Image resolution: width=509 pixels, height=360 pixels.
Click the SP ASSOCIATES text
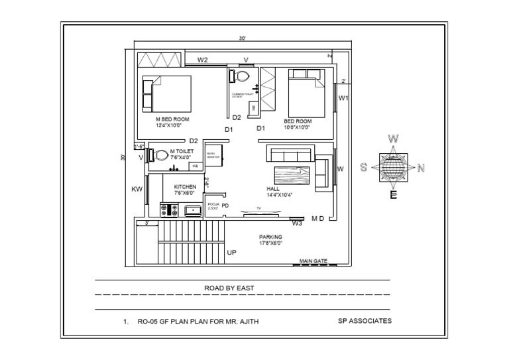pyautogui.click(x=365, y=321)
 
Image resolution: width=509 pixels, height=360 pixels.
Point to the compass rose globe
pyautogui.click(x=393, y=167)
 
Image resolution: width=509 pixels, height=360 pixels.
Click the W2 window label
pyautogui.click(x=203, y=60)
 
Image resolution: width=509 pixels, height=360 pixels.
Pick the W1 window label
pyautogui.click(x=343, y=98)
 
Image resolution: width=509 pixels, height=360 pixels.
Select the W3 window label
pyautogui.click(x=297, y=223)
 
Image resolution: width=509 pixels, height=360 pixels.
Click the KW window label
pyautogui.click(x=137, y=190)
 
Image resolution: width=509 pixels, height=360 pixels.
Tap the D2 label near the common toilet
pyautogui.click(x=237, y=117)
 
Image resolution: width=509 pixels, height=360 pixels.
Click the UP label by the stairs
pyautogui.click(x=232, y=253)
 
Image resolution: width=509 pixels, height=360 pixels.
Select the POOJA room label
pyautogui.click(x=213, y=206)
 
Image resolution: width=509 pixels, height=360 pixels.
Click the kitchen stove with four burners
pyautogui.click(x=169, y=210)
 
